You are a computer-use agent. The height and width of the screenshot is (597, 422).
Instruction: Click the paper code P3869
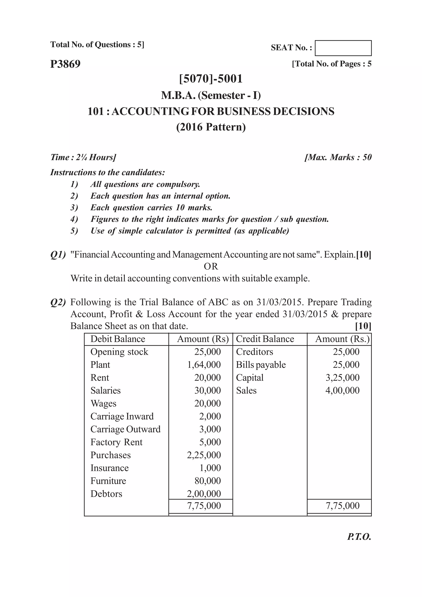coord(66,64)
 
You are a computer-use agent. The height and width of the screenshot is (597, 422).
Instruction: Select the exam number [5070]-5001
coord(211,79)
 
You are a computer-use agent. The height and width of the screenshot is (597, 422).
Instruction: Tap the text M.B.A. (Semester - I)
coord(211,95)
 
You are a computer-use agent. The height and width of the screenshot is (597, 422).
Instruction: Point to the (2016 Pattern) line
coord(211,127)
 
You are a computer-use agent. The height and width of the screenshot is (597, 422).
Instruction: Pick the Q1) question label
coord(58,255)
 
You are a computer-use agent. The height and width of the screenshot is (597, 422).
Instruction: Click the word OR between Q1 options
coord(211,267)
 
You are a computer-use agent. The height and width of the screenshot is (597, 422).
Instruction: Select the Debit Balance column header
coord(118,339)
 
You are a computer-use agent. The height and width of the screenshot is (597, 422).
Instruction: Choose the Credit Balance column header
coord(265,339)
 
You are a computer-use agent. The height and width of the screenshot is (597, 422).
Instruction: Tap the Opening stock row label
coord(119,352)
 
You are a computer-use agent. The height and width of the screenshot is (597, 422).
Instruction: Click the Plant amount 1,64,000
coord(204,365)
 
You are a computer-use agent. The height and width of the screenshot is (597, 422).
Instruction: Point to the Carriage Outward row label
coord(125,429)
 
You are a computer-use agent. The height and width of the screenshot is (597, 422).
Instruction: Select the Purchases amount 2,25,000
coord(204,455)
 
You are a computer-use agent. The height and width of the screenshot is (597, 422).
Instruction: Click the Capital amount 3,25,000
coord(342,377)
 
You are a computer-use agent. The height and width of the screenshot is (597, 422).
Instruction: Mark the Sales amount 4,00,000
coord(342,391)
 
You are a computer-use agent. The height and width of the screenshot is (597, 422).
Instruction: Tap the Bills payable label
coord(261,365)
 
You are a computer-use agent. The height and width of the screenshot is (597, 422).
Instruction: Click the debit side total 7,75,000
coord(204,506)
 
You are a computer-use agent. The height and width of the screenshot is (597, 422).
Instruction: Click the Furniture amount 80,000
coord(208,481)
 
